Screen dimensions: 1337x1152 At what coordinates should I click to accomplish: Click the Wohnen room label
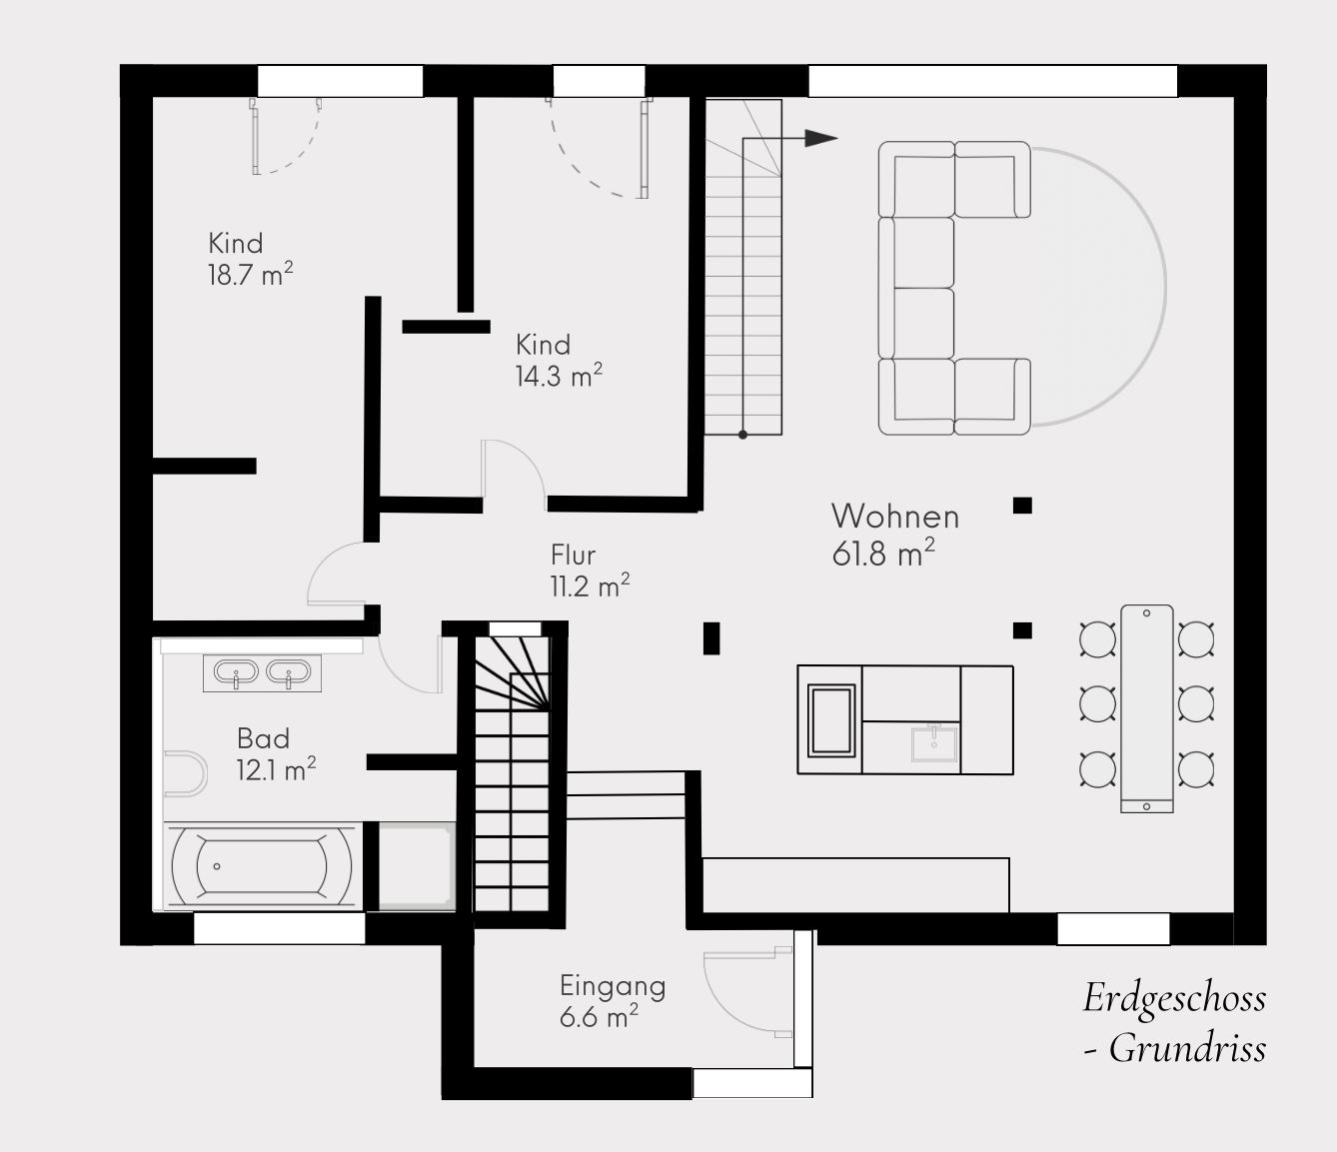click(x=895, y=517)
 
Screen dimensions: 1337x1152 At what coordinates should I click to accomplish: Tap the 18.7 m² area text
click(x=251, y=274)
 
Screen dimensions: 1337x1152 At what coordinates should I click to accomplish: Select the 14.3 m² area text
click(x=559, y=375)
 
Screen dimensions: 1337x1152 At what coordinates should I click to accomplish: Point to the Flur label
click(x=574, y=555)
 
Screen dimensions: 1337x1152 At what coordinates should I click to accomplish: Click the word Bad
click(x=263, y=738)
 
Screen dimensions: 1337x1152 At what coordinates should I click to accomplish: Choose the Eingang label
click(x=613, y=987)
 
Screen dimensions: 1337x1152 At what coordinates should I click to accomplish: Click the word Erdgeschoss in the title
click(x=1175, y=999)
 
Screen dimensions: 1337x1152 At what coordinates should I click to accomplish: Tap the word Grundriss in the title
click(x=1187, y=1049)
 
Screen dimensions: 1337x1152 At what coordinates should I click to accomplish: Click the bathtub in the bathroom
click(x=262, y=866)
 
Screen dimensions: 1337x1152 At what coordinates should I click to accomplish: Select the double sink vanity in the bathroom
click(x=262, y=673)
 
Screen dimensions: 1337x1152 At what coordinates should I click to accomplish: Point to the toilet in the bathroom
click(x=185, y=773)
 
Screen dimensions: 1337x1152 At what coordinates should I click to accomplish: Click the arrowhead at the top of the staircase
click(x=820, y=138)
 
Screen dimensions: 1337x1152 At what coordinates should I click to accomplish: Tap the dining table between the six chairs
click(x=1147, y=708)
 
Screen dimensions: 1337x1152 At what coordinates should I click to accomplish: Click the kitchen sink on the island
click(x=934, y=744)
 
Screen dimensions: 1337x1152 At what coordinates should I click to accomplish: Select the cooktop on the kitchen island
click(x=831, y=720)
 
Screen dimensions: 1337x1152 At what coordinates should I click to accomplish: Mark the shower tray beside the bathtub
click(x=418, y=866)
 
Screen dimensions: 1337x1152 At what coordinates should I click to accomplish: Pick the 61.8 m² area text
click(x=883, y=555)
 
